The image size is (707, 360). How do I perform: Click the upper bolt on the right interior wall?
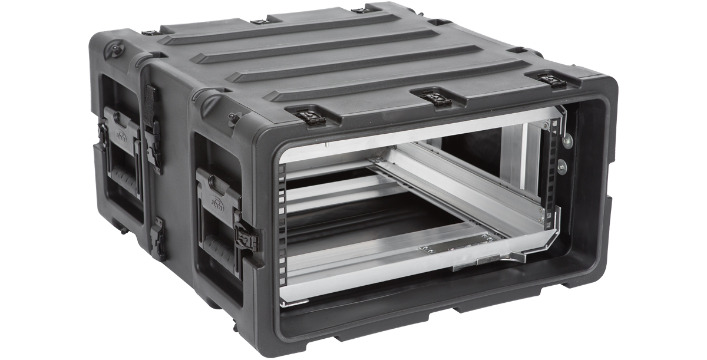(x=567, y=140)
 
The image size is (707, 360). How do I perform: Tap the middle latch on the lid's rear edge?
(x=259, y=21)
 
